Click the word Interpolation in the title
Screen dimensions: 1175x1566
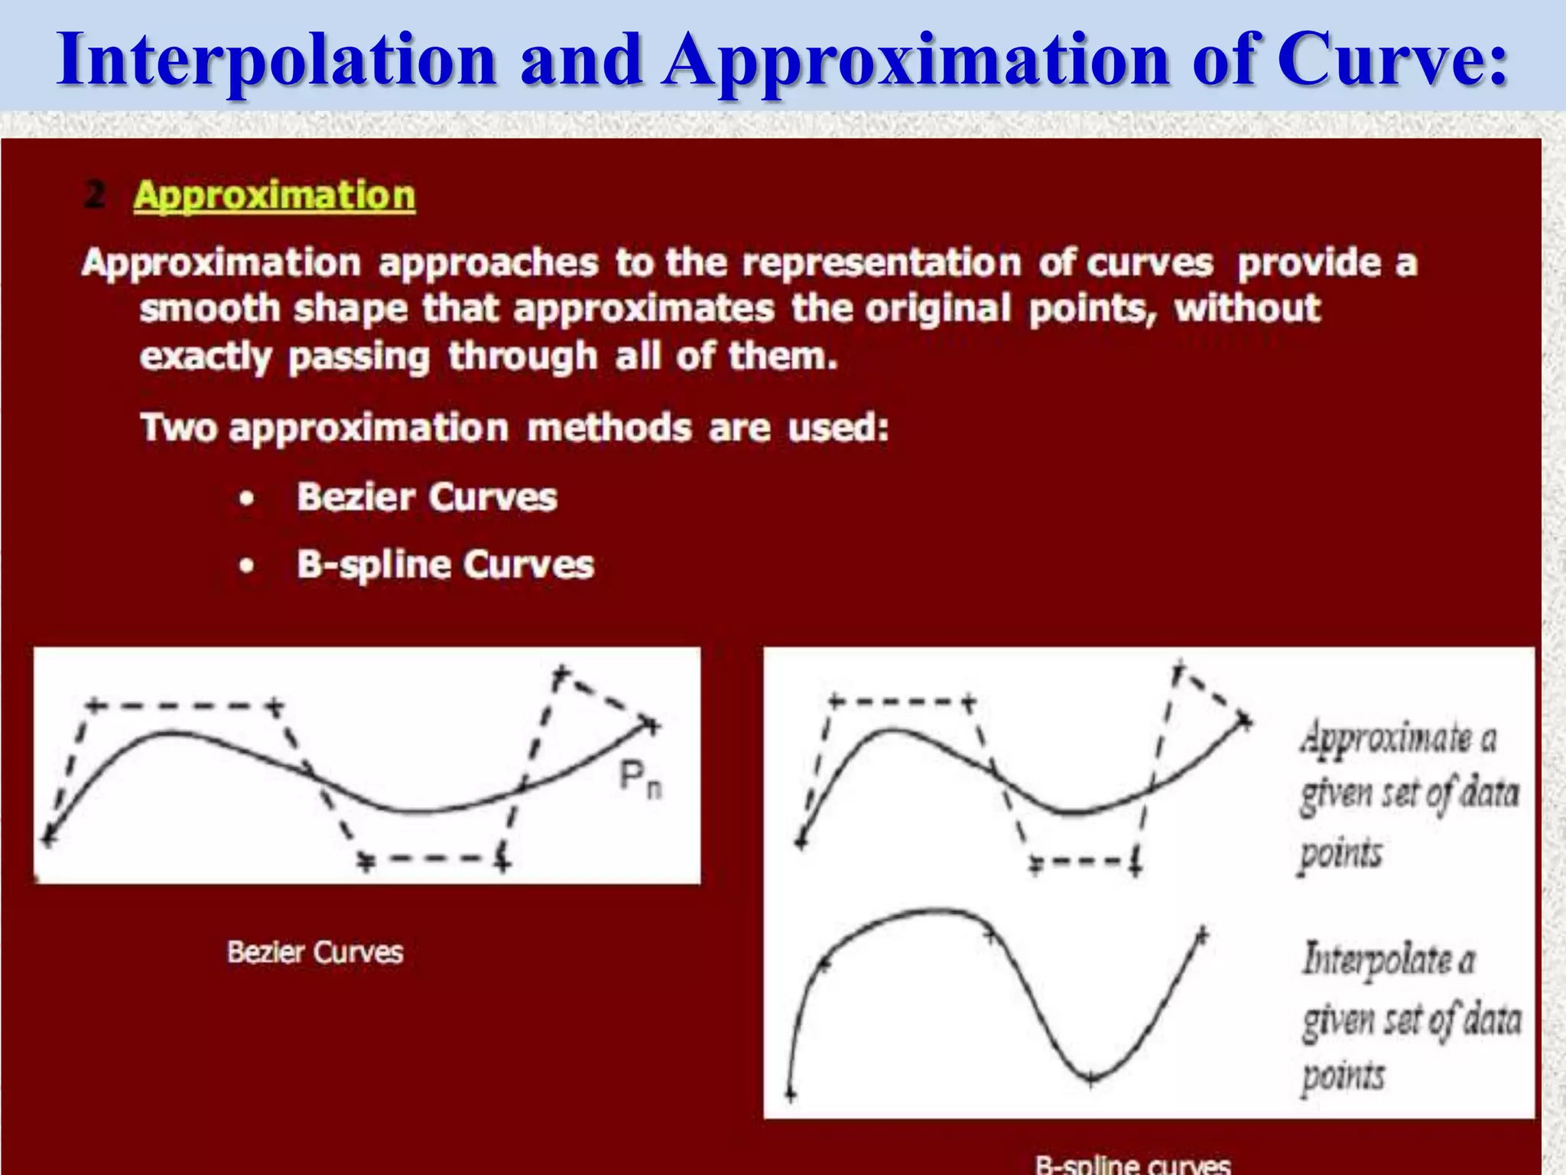(277, 60)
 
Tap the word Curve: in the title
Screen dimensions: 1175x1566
(1392, 60)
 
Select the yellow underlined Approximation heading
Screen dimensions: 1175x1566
(275, 196)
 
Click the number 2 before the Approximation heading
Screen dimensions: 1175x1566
(95, 195)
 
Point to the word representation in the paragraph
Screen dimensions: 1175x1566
(881, 263)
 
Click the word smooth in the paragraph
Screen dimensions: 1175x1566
(210, 309)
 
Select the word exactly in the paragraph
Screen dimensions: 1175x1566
(206, 357)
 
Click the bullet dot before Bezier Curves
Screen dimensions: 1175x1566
(246, 499)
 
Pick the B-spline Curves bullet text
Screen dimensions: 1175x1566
(445, 565)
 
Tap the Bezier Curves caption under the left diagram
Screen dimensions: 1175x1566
(315, 952)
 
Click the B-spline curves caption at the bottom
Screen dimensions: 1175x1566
(1132, 1164)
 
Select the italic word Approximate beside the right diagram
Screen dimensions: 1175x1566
(1386, 737)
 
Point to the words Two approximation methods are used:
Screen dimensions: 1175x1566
(515, 428)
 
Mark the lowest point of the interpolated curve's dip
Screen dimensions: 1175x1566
(1091, 1078)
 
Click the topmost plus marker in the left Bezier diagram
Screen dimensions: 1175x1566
(561, 675)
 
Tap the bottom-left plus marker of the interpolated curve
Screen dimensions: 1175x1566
(791, 1095)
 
